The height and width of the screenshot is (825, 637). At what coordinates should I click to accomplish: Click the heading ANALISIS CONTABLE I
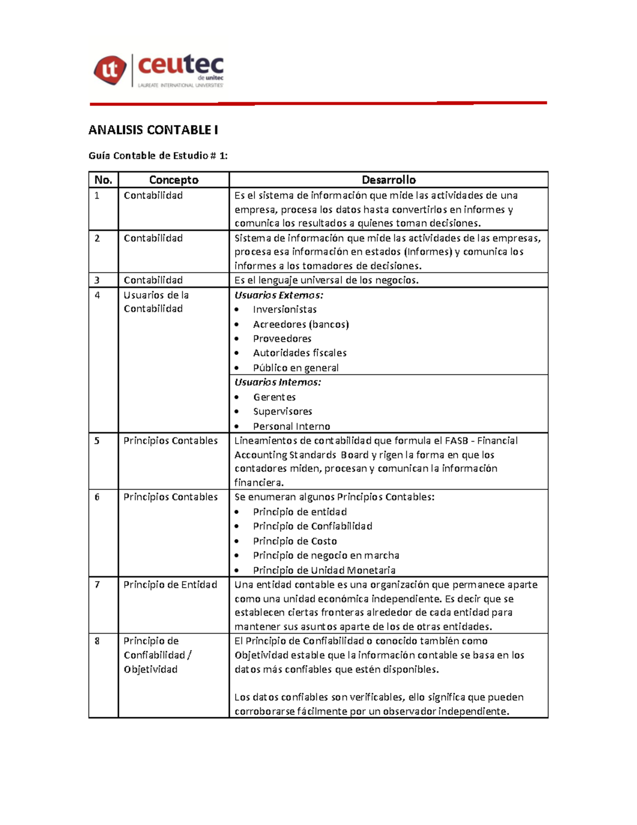click(x=153, y=130)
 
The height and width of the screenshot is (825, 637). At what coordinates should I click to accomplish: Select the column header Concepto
click(x=174, y=180)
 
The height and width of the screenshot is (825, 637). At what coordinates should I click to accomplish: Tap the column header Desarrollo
click(x=389, y=180)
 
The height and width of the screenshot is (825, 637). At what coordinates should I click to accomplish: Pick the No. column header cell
click(x=103, y=180)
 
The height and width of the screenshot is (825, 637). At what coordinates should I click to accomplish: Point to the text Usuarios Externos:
click(x=279, y=295)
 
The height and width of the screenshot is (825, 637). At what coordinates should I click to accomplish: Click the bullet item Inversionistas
click(x=285, y=310)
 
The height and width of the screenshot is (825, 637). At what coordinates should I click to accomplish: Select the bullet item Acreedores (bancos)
click(x=300, y=324)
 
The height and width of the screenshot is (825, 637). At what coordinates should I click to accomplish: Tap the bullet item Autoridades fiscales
click(x=299, y=353)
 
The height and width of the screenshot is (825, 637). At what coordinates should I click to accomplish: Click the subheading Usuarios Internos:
click(x=278, y=382)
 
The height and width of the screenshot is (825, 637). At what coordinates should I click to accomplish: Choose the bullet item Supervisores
click(x=282, y=411)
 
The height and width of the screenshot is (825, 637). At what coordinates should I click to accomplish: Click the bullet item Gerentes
click(x=274, y=397)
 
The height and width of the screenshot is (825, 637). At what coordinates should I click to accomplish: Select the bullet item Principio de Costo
click(x=295, y=541)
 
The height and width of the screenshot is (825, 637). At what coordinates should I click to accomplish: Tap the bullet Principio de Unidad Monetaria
click(x=324, y=570)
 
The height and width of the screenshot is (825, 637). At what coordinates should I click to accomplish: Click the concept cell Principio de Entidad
click(x=170, y=584)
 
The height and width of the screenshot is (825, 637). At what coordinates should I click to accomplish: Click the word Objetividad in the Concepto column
click(x=151, y=669)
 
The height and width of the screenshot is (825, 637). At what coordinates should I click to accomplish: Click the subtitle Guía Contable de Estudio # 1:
click(x=158, y=156)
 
